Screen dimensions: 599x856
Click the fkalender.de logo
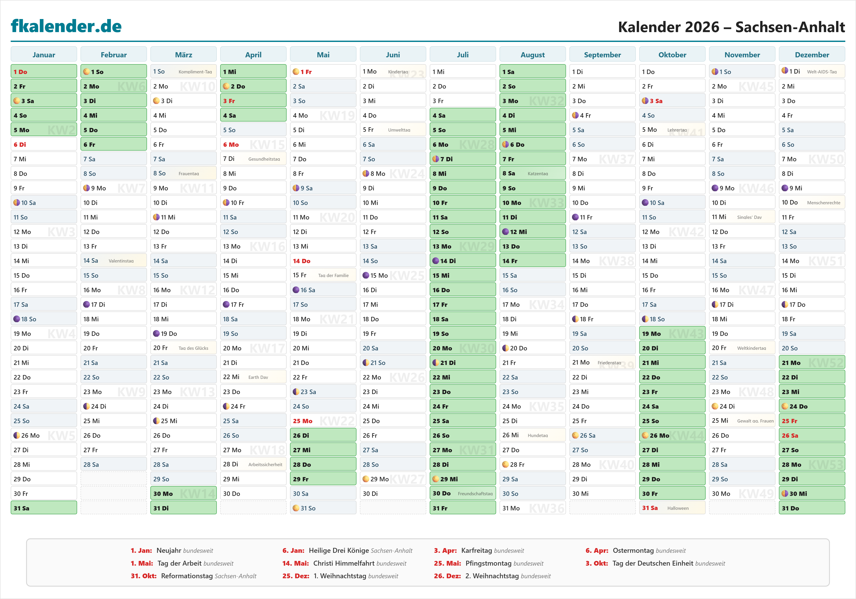click(66, 26)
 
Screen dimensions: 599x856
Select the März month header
click(183, 55)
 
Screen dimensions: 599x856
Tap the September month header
click(602, 55)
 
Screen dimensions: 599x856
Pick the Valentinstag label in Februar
click(121, 261)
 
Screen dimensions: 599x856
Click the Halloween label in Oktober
click(678, 508)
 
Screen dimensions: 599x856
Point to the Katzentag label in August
click(538, 174)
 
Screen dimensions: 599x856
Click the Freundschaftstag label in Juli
click(475, 494)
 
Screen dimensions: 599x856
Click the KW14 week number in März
click(198, 494)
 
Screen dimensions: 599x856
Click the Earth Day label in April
click(258, 377)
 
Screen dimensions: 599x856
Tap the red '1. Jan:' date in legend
click(141, 550)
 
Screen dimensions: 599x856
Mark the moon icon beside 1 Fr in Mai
click(296, 72)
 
